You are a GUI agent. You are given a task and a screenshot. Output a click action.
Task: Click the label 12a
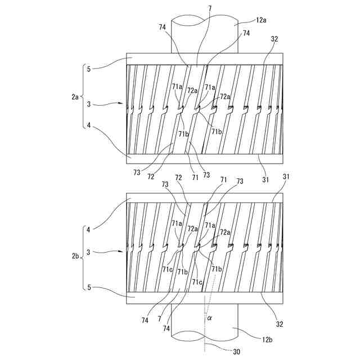(x=261, y=20)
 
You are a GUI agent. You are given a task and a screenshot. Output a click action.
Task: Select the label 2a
(x=74, y=97)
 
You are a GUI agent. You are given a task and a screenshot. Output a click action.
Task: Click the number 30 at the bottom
(x=236, y=352)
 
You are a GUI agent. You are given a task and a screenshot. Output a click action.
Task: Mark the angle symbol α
(x=209, y=318)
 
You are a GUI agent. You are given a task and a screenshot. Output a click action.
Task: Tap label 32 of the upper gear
(x=274, y=39)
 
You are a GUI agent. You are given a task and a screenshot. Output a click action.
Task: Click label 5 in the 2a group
(x=88, y=69)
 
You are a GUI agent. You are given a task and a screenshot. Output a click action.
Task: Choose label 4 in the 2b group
(x=88, y=229)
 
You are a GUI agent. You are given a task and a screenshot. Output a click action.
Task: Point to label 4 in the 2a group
(x=88, y=125)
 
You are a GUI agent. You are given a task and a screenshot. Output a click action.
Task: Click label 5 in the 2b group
(x=88, y=287)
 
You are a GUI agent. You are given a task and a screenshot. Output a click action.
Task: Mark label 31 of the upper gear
(x=265, y=180)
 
